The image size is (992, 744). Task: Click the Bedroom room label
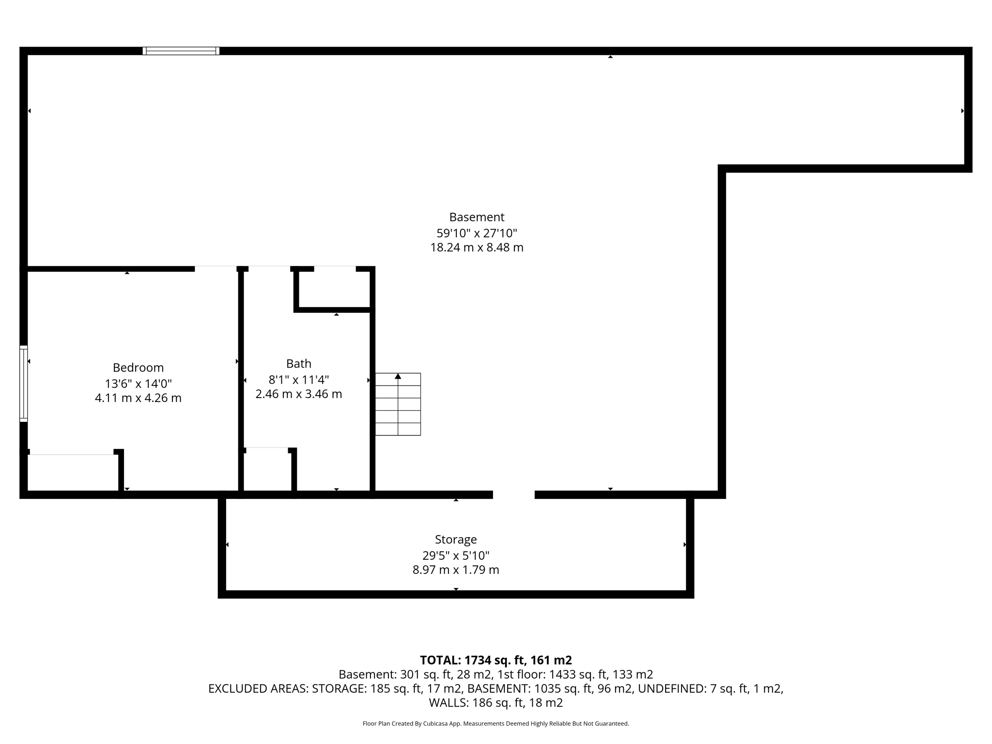pos(138,368)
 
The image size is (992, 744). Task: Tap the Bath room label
pos(298,364)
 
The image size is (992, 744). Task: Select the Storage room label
pos(456,540)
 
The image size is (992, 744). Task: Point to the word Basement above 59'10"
pos(477,217)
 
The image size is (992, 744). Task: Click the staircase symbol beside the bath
pos(398,404)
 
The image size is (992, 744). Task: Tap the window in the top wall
pos(181,51)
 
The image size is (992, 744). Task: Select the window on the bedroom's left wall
pos(23,383)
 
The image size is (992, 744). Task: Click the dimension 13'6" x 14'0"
pos(138,384)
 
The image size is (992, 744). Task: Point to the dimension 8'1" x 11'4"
pos(298,379)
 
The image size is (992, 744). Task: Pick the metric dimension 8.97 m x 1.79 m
pos(456,570)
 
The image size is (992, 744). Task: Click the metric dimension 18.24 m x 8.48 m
pos(477,248)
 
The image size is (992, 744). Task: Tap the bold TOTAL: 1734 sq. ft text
pos(496,660)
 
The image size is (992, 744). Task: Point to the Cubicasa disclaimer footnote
pos(496,724)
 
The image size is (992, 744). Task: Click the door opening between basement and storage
pos(513,495)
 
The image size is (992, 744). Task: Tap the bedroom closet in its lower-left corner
pos(73,472)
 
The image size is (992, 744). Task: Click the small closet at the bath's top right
pos(334,288)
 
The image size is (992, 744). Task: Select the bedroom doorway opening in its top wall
pos(216,269)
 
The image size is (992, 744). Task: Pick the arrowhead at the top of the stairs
pos(398,376)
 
